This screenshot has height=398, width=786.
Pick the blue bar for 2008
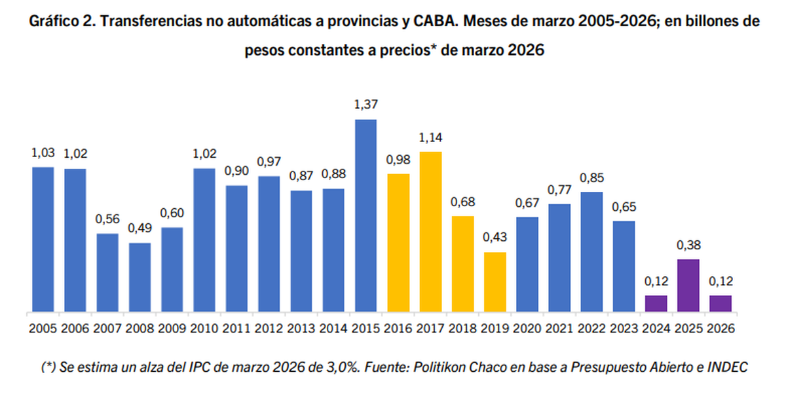(140, 277)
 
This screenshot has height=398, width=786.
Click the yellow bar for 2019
(495, 281)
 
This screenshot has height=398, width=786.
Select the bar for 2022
(591, 251)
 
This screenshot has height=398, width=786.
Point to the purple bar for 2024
(656, 303)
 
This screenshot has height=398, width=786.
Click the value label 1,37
(365, 105)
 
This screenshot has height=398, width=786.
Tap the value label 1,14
(430, 137)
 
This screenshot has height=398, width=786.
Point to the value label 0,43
(495, 238)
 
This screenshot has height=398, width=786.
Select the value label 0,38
(688, 245)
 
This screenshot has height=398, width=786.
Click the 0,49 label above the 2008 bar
(140, 229)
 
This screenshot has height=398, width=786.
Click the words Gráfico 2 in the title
(60, 21)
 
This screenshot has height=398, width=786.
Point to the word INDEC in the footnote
(729, 368)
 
